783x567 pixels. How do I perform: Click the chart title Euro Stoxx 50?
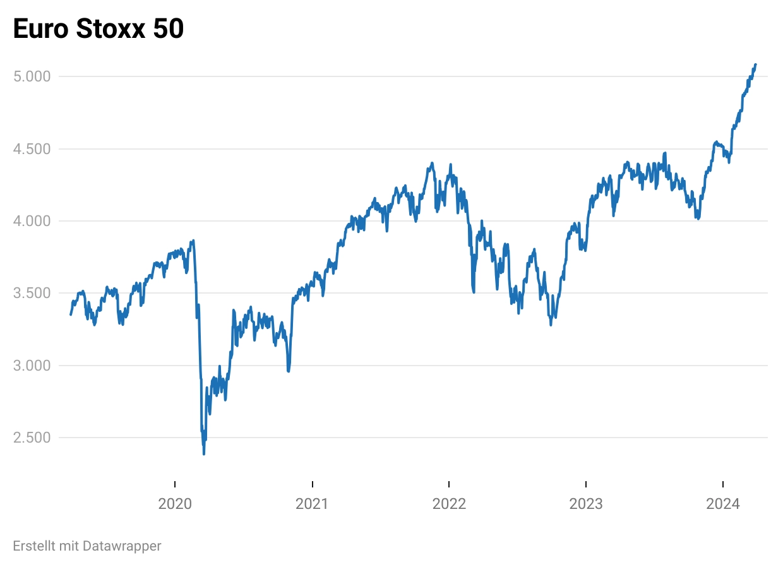(99, 29)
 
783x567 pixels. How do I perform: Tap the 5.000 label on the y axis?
(32, 76)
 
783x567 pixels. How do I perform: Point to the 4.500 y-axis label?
(32, 149)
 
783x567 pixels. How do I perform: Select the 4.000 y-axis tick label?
(32, 221)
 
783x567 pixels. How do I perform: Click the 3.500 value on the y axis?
(32, 293)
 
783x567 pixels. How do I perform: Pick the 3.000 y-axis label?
(32, 366)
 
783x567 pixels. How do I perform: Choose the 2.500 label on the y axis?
(32, 438)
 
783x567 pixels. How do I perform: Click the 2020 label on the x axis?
(175, 504)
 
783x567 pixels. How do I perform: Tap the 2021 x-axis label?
(312, 504)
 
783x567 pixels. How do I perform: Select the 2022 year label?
(449, 504)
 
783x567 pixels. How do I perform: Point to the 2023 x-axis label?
(586, 504)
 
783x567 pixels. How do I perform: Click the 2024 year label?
(723, 504)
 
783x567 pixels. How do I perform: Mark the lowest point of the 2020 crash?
(203, 453)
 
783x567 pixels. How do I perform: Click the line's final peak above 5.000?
(755, 64)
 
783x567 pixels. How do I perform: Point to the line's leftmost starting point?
(71, 314)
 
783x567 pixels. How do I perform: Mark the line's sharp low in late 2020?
(289, 371)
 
